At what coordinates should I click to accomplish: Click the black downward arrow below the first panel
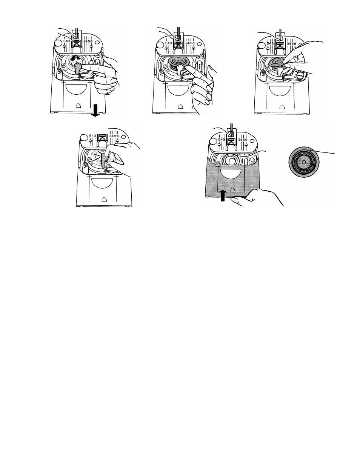click(95, 111)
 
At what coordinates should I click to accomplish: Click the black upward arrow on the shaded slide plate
click(223, 195)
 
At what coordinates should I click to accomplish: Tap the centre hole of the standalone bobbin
click(304, 162)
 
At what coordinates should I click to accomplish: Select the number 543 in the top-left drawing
click(67, 41)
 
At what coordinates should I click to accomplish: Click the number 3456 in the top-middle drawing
click(190, 43)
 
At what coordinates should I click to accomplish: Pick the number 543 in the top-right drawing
click(270, 43)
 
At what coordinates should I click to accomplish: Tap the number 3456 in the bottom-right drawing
click(243, 140)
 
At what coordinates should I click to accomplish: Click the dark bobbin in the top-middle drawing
click(179, 63)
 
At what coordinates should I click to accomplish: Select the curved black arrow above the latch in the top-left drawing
click(76, 58)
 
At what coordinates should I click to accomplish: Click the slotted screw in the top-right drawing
click(300, 75)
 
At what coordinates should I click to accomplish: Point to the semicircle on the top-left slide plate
click(77, 88)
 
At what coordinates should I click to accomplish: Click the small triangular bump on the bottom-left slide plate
click(104, 199)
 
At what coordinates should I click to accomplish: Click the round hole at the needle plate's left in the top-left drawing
click(58, 43)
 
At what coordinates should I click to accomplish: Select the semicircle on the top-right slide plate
click(279, 91)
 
